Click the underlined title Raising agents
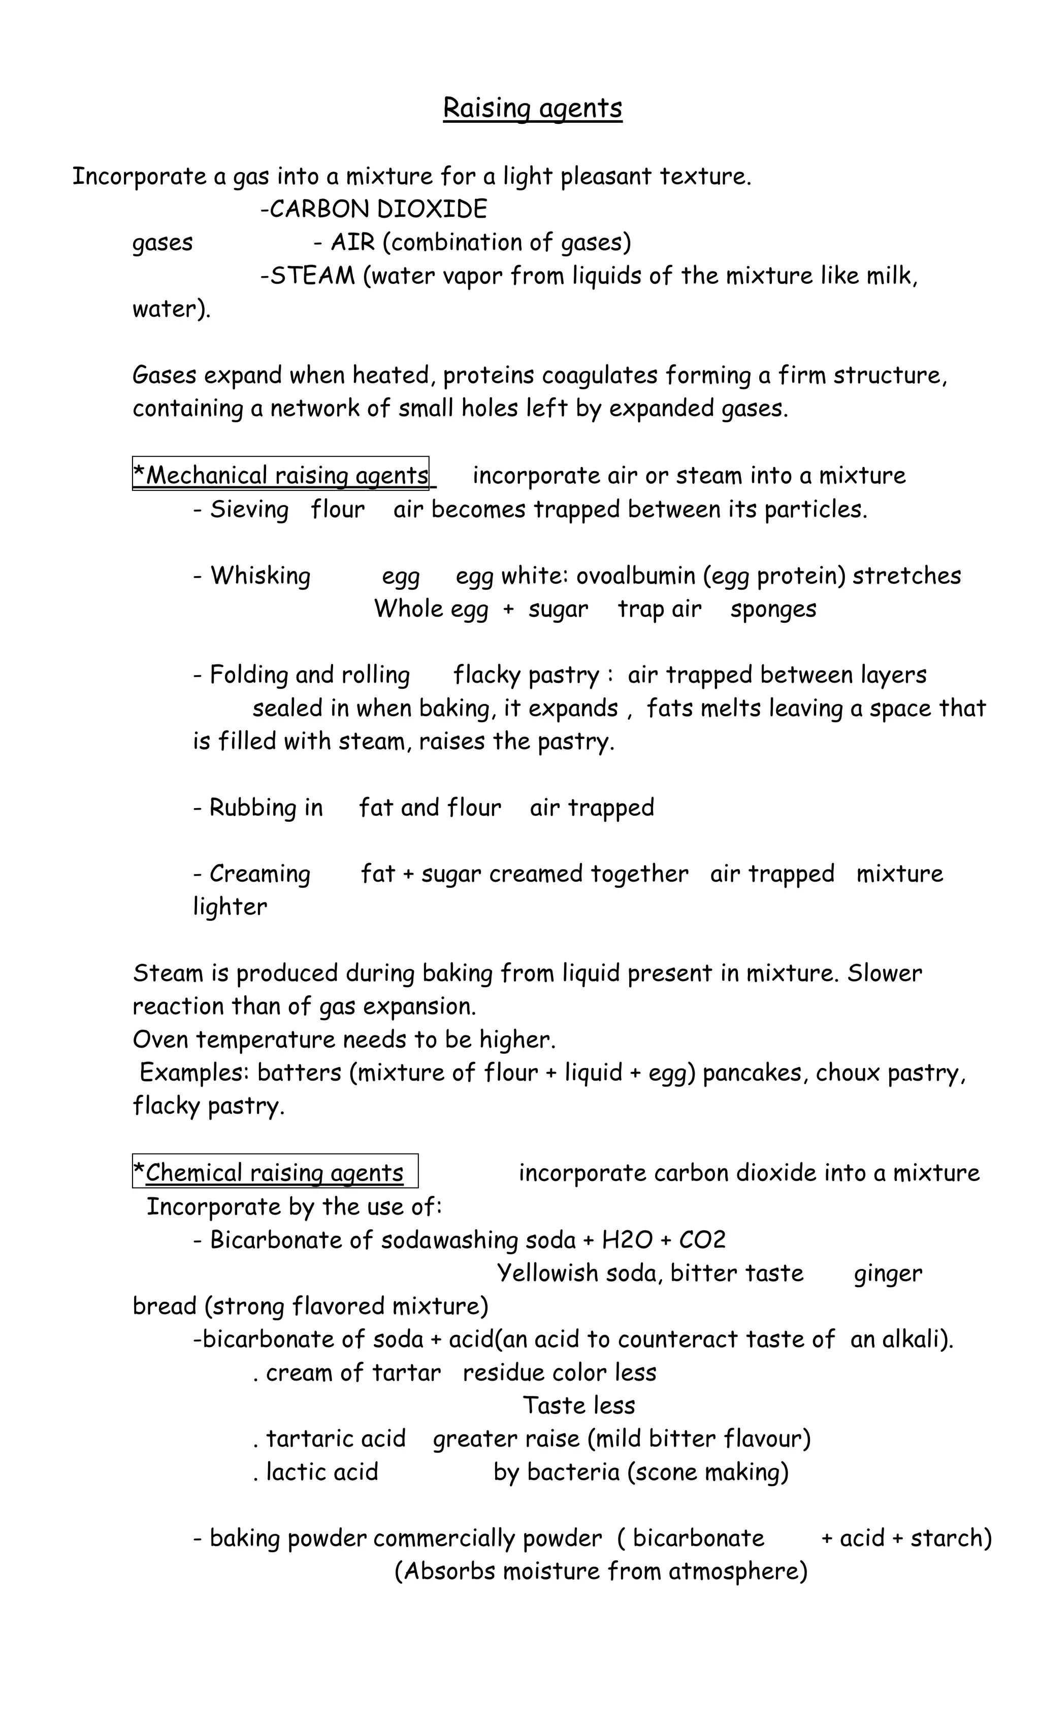[x=533, y=109]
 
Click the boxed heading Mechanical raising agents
[x=281, y=475]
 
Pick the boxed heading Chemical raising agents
[x=275, y=1173]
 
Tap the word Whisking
[x=261, y=576]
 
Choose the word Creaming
[x=260, y=874]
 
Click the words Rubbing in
[x=266, y=808]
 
